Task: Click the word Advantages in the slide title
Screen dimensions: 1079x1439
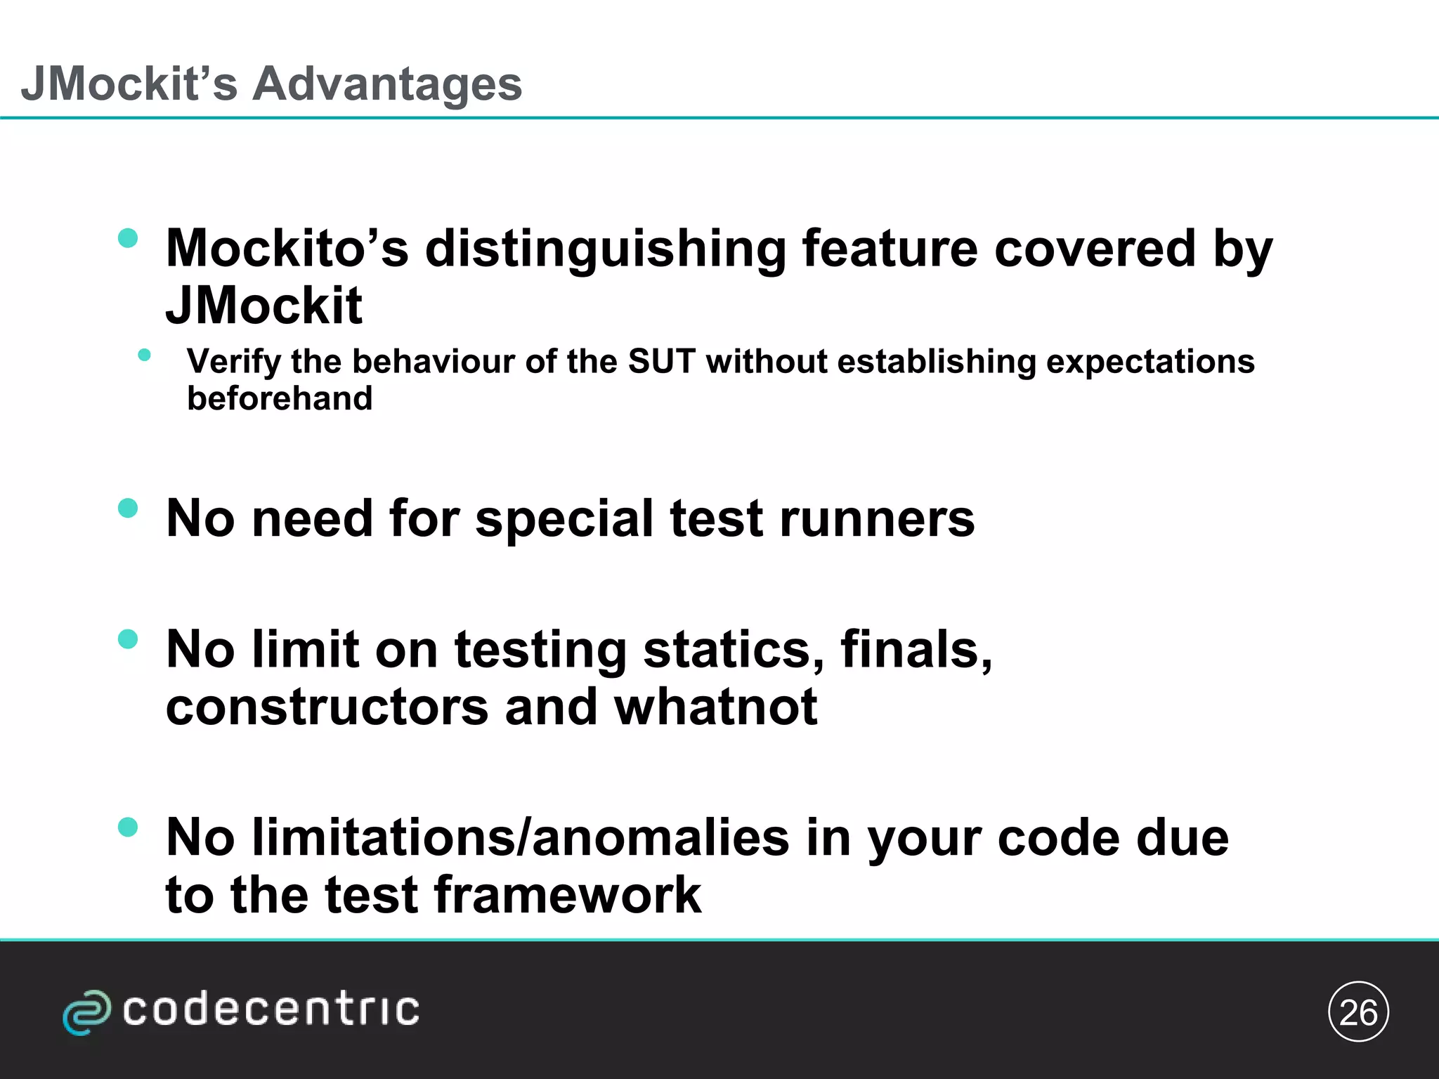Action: tap(387, 84)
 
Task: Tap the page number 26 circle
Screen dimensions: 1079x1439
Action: tap(1358, 1012)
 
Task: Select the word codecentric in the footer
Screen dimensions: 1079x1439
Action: tap(271, 1010)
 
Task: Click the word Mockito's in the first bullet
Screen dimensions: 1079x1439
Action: tap(287, 249)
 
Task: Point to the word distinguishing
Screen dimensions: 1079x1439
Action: tap(605, 249)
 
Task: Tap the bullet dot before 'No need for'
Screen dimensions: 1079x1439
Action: tap(128, 508)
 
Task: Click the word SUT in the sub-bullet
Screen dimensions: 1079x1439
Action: tap(662, 362)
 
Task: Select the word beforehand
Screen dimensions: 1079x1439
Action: tap(280, 398)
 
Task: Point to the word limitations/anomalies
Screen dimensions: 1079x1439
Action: tap(521, 837)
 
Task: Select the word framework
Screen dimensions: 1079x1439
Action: tap(568, 895)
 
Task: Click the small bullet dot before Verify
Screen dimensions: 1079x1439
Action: tap(145, 355)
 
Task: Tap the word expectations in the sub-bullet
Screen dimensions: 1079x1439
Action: tap(1150, 362)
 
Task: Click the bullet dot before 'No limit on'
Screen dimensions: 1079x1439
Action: tap(128, 639)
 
